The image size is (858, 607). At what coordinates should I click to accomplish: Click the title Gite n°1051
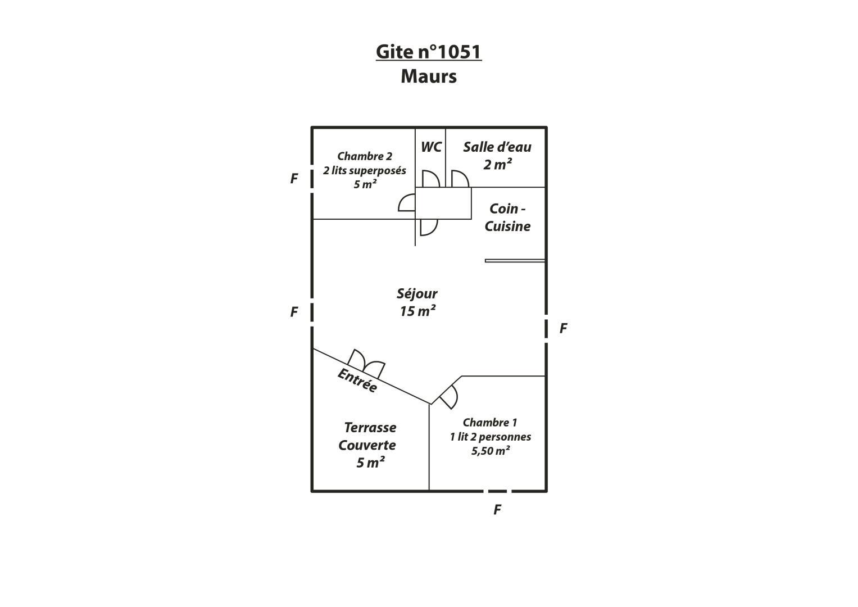429,52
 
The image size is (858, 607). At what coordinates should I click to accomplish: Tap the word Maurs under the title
429,76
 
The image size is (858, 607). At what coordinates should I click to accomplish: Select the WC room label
431,147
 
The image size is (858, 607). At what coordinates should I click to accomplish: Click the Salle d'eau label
497,147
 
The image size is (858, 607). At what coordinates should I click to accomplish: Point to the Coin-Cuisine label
507,218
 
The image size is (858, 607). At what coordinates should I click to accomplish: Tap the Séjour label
417,294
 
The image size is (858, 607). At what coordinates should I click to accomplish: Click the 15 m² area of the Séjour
417,311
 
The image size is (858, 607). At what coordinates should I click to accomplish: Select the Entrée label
357,380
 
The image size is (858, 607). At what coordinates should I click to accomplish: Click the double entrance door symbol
366,363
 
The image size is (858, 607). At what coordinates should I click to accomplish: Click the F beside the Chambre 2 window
294,179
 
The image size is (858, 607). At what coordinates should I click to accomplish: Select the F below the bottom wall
497,510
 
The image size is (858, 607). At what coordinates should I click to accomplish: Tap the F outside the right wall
563,328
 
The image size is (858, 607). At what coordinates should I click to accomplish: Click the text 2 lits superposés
364,170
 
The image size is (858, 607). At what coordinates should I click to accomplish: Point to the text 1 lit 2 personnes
491,437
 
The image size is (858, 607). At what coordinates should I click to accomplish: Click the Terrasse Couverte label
367,436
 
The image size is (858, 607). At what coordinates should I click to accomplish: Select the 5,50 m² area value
491,451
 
